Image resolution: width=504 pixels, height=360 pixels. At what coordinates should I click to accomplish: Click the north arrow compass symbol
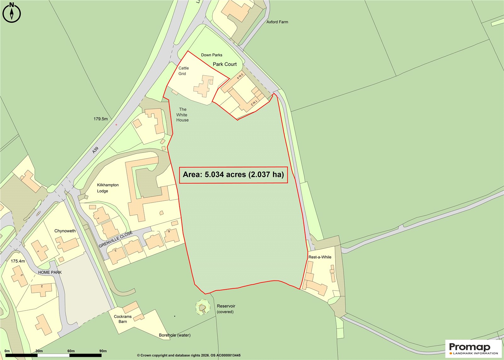12,13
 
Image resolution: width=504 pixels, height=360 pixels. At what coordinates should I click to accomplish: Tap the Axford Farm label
277,22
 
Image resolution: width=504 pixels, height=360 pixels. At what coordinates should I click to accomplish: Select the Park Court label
225,64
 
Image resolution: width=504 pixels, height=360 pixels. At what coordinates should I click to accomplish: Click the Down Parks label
212,55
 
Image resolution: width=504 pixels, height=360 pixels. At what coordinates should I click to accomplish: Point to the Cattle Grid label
183,71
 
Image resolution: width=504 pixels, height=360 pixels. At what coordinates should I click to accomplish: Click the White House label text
182,115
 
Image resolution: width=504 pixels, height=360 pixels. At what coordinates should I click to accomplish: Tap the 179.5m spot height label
100,119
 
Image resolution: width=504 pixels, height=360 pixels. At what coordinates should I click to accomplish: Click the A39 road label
95,150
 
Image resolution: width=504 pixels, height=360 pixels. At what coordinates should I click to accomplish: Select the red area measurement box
233,175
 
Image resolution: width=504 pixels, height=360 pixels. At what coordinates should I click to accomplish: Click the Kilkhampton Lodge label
107,188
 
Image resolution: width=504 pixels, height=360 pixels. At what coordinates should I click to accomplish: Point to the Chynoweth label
65,231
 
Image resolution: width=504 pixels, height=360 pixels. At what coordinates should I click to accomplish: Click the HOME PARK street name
50,272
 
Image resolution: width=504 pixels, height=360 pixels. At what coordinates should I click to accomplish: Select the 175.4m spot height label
18,261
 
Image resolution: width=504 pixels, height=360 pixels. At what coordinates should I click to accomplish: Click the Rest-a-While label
320,257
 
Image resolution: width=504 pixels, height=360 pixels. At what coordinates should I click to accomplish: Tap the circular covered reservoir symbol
203,307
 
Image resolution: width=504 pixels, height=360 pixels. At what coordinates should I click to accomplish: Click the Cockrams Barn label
123,319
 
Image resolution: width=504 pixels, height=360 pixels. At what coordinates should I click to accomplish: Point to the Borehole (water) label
175,335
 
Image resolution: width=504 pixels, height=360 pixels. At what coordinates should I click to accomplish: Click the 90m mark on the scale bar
103,351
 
